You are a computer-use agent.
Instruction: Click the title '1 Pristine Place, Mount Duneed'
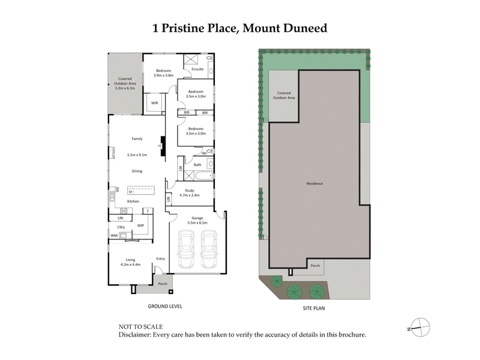(240, 28)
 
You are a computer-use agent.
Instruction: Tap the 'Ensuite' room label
(198, 69)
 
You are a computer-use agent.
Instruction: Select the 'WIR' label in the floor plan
(154, 103)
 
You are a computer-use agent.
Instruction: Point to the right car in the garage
(208, 249)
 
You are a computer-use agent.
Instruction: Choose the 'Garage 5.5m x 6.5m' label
(199, 220)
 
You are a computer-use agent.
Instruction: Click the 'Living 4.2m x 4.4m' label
(130, 262)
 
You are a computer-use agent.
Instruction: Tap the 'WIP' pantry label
(140, 226)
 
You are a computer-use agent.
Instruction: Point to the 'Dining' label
(137, 172)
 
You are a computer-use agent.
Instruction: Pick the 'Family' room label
(137, 139)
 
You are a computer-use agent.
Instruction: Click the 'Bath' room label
(197, 164)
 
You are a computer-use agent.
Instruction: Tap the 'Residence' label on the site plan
(315, 184)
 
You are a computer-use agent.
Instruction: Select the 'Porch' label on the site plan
(315, 265)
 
